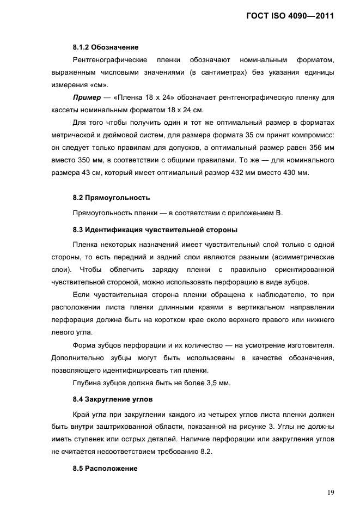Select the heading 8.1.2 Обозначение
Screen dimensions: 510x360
(105, 47)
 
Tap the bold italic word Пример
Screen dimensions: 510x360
(87, 97)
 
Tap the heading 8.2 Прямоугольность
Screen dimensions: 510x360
(111, 197)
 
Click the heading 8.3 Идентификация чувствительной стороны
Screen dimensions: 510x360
(155, 229)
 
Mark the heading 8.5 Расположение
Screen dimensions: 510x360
(105, 469)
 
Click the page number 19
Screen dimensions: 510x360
(331, 493)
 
